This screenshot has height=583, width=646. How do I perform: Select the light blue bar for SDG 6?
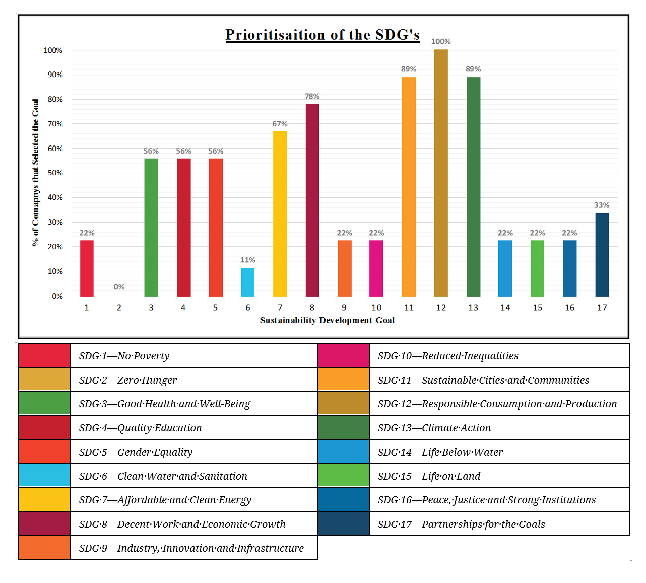[x=247, y=282]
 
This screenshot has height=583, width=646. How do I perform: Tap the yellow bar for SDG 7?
[x=280, y=213]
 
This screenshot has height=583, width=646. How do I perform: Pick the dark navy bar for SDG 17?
[x=602, y=255]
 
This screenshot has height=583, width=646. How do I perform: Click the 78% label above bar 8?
[x=312, y=96]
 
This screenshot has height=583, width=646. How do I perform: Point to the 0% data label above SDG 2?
[x=119, y=287]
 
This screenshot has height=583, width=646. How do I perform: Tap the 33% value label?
[x=602, y=205]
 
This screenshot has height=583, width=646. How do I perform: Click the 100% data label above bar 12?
[x=441, y=42]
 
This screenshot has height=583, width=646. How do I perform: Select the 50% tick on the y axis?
[x=55, y=173]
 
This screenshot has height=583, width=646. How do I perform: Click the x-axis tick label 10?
[x=376, y=308]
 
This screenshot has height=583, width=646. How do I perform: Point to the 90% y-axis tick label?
[x=55, y=75]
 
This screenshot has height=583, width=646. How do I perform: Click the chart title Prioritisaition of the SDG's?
[x=322, y=35]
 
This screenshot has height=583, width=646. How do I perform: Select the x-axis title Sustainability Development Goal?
[x=327, y=320]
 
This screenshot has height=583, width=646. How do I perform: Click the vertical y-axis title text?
[x=35, y=172]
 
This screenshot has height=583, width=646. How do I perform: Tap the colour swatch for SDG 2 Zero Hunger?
[x=44, y=380]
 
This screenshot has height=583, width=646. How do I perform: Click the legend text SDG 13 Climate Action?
[x=434, y=428]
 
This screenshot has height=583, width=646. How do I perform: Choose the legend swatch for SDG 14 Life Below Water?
[x=344, y=452]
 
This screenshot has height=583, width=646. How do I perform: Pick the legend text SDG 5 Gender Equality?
[x=136, y=452]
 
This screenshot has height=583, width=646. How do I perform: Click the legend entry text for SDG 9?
[x=191, y=548]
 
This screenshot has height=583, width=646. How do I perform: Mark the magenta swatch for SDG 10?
[x=344, y=355]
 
